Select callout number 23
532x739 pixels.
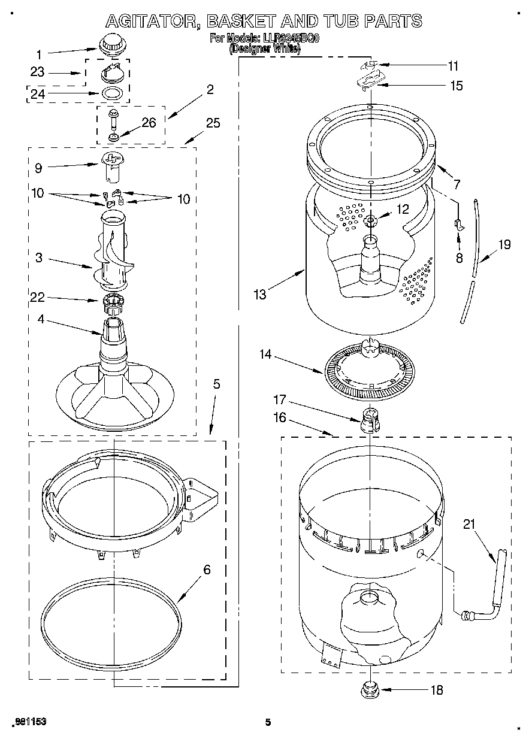click(x=37, y=72)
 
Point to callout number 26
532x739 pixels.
click(x=148, y=123)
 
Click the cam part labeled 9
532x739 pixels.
click(x=113, y=165)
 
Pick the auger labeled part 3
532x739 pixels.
click(x=113, y=255)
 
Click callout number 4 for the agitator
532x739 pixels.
click(x=41, y=320)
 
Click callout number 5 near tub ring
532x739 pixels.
click(x=216, y=384)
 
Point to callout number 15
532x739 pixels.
click(x=456, y=86)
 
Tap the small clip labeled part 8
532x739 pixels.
click(x=458, y=225)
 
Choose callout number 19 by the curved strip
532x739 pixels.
click(x=504, y=244)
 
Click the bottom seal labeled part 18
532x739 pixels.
click(x=370, y=690)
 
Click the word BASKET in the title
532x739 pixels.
click(x=247, y=22)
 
